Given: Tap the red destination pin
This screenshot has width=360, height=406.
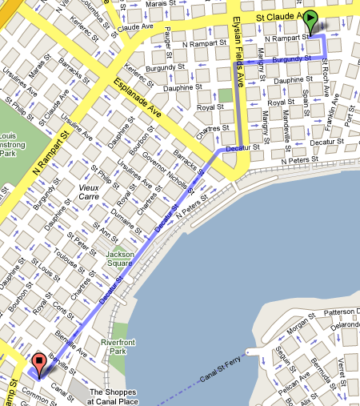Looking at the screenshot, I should coord(38,364).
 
